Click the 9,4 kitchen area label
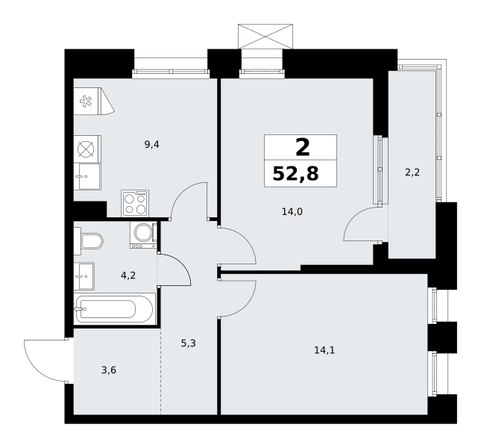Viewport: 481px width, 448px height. pyautogui.click(x=152, y=144)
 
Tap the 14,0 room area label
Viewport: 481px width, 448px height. pyautogui.click(x=292, y=211)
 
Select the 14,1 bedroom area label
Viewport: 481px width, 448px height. pyautogui.click(x=324, y=350)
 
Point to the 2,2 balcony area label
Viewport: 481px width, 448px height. pyautogui.click(x=412, y=172)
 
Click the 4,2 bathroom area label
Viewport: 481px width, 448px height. pyautogui.click(x=128, y=276)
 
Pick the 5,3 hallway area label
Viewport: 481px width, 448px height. pyautogui.click(x=188, y=343)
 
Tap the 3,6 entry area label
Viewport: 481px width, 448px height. pyautogui.click(x=109, y=370)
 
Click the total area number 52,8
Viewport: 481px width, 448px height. pyautogui.click(x=296, y=173)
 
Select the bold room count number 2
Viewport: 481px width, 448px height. pyautogui.click(x=303, y=147)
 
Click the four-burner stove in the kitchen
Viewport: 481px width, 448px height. pyautogui.click(x=135, y=203)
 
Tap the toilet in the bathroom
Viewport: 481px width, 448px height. pyautogui.click(x=88, y=241)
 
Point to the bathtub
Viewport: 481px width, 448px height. pyautogui.click(x=114, y=309)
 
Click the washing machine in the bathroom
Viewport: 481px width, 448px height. pyautogui.click(x=144, y=235)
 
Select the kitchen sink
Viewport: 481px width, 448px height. pyautogui.click(x=87, y=176)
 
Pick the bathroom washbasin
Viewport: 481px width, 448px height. pyautogui.click(x=84, y=276)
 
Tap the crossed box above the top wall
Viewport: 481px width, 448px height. pyautogui.click(x=265, y=37)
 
